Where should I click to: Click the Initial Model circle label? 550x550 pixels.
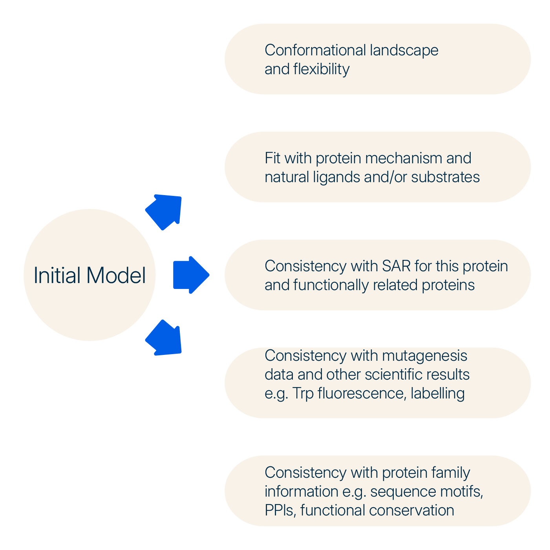[x=90, y=275]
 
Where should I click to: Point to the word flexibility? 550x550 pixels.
[x=321, y=69]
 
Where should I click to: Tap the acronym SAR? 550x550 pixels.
[x=396, y=266]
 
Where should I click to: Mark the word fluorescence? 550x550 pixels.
[x=362, y=393]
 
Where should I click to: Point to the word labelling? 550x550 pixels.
[x=438, y=393]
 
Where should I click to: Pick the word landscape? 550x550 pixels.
[x=404, y=50]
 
